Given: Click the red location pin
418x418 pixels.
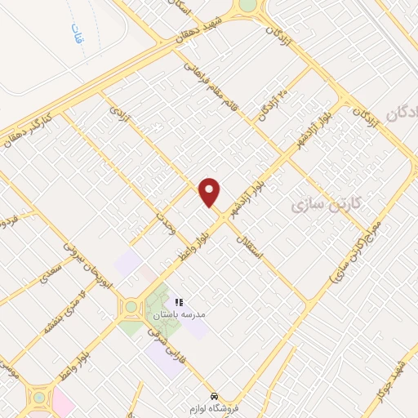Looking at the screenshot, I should [210, 191].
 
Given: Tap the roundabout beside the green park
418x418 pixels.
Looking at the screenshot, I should [129, 309].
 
